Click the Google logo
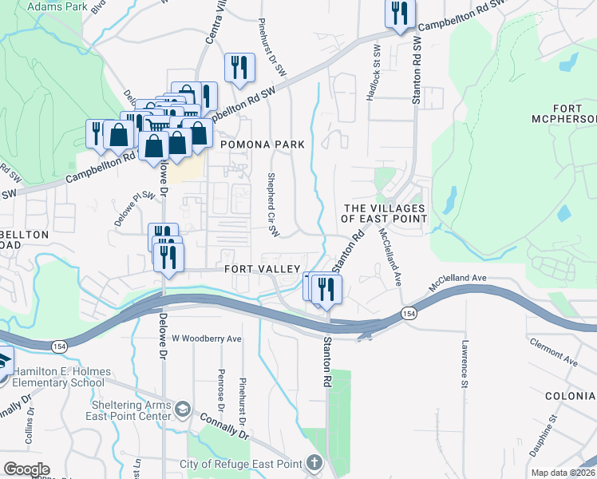(x=26, y=469)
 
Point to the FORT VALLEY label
(x=261, y=270)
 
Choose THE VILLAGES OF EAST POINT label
(x=383, y=213)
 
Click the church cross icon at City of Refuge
(x=315, y=463)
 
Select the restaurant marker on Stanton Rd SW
(x=398, y=14)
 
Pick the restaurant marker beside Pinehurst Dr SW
(x=239, y=68)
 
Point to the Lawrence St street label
(x=464, y=364)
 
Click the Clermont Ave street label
(x=552, y=352)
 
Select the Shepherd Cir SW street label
(x=272, y=205)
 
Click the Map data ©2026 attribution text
(x=563, y=472)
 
